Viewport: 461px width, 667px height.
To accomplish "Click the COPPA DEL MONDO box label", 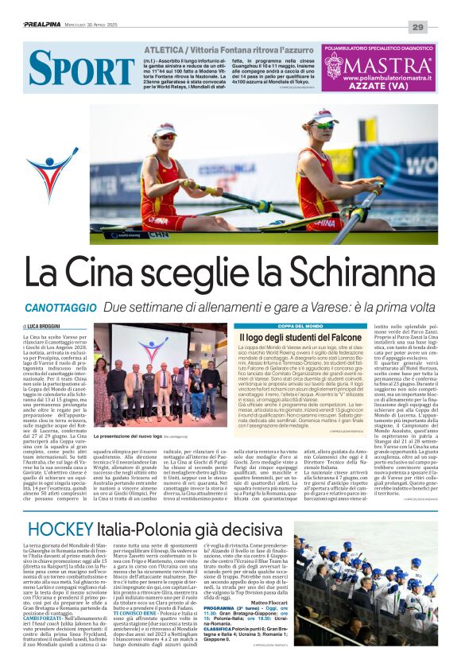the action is (278, 326).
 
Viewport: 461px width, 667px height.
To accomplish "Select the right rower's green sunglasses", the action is (323, 125).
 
